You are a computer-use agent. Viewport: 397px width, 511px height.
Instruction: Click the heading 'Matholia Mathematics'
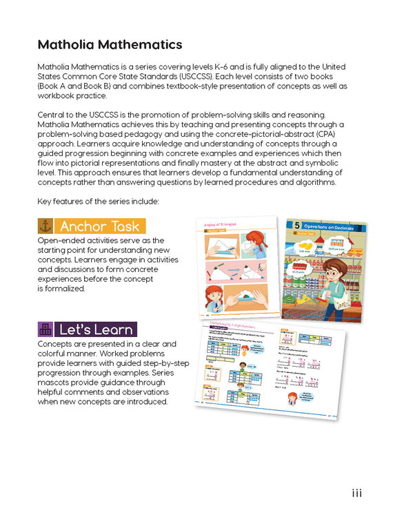point(110,45)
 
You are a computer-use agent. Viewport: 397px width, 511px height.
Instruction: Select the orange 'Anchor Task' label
point(101,226)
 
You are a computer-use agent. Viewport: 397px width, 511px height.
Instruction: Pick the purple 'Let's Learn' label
point(96,329)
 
